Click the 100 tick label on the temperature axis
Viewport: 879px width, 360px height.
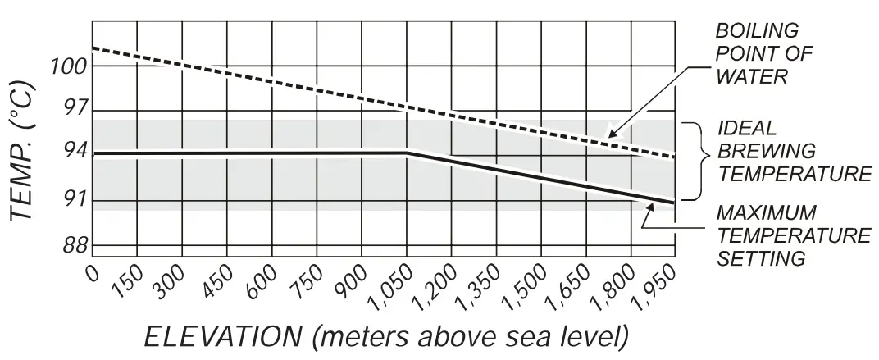69,66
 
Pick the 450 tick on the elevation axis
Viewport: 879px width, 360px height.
222,284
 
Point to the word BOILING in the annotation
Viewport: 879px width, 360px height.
757,31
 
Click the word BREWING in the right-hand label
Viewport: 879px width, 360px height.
766,152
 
